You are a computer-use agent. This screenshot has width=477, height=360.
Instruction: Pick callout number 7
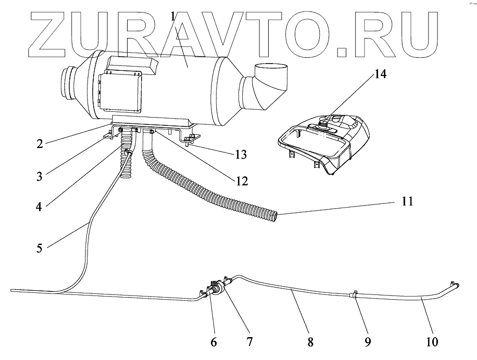(249, 342)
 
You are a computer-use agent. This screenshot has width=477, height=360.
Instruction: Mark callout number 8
(310, 342)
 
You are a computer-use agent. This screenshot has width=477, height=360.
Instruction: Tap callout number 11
(407, 201)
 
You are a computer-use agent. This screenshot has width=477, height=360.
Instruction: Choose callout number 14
(380, 74)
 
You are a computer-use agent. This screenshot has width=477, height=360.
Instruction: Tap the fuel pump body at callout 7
(219, 290)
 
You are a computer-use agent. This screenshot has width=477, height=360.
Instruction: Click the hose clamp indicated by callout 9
(353, 295)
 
